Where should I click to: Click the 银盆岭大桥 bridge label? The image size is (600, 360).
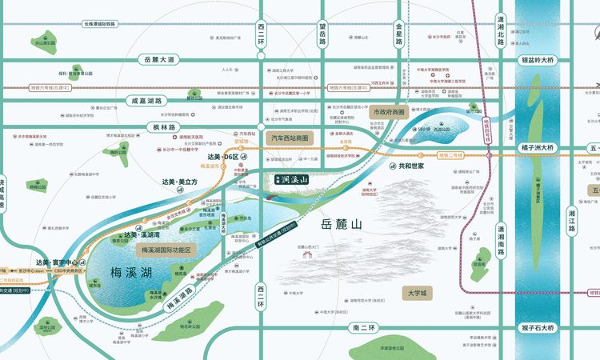point(538,59)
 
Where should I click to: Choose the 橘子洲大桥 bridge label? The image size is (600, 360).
point(538,148)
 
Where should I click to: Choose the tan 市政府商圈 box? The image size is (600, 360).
point(387,113)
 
